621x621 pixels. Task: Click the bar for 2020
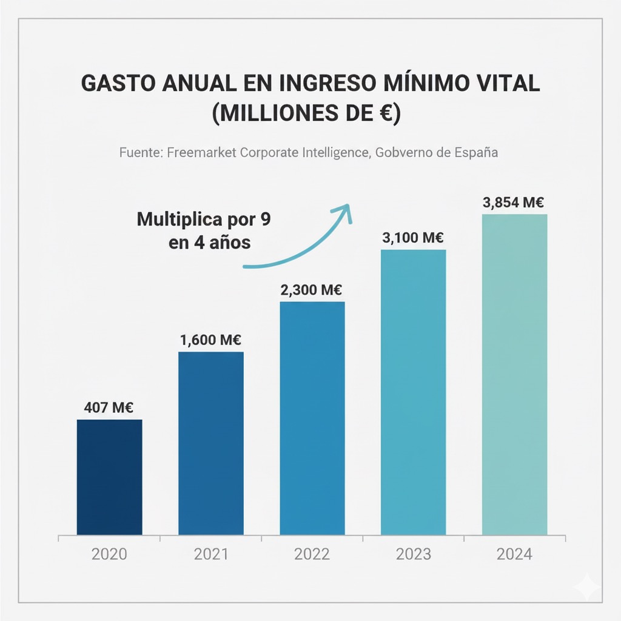coord(109,477)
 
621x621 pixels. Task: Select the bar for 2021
coord(211,443)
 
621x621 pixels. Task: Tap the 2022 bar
coord(312,418)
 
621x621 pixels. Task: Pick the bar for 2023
coord(413,392)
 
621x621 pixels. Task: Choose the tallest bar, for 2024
coord(514,375)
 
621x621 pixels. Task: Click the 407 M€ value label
coord(109,408)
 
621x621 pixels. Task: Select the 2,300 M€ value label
coord(312,290)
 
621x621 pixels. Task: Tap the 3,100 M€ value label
coord(413,238)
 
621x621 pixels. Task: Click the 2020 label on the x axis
coord(109,554)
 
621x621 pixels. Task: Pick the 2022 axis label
coord(312,554)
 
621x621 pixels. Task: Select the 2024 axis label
coord(514,554)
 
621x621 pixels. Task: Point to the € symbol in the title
coord(383,113)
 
